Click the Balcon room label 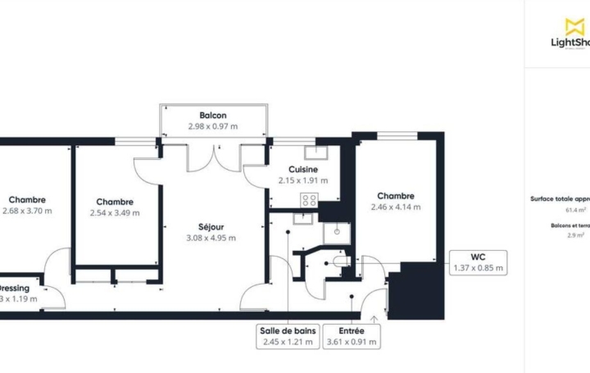pos(213,116)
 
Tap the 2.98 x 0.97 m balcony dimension pos(213,126)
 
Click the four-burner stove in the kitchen pos(310,199)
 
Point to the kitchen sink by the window pos(315,152)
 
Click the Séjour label pos(211,227)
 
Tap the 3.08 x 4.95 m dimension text pos(211,239)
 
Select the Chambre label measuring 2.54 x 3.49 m pos(115,202)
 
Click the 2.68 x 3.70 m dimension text pos(27,211)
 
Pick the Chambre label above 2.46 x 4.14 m pos(395,196)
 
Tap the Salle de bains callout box pos(287,336)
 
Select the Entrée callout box pos(353,336)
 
